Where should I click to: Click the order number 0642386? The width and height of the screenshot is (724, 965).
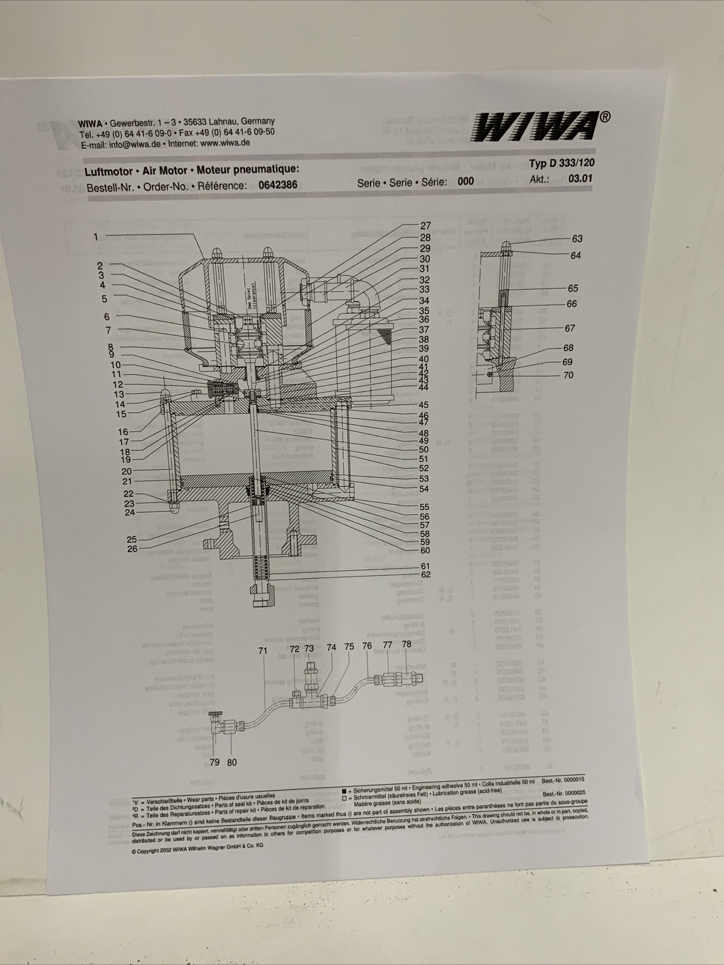[x=278, y=185]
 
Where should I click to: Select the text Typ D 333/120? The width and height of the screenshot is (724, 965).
[x=557, y=163]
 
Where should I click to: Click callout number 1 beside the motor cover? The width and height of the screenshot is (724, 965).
[x=95, y=236]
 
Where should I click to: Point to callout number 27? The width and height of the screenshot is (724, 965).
[x=425, y=226]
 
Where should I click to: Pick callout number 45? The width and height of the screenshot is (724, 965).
[x=424, y=405]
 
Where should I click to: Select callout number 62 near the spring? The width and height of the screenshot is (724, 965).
[x=425, y=575]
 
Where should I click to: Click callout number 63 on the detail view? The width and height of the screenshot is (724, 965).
[x=577, y=239]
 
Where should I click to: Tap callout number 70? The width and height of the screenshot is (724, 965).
[x=568, y=375]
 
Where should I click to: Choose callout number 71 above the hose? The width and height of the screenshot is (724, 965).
[x=262, y=651]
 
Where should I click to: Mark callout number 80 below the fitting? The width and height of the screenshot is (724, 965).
[x=232, y=762]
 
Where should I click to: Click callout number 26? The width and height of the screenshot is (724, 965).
[x=132, y=549]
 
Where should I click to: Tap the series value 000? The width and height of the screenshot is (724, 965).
[x=465, y=182]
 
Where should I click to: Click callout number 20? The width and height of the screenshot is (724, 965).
[x=127, y=472]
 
